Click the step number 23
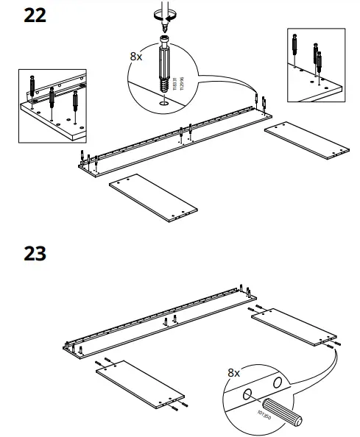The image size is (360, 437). click(35, 254)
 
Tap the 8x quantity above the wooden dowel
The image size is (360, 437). click(233, 373)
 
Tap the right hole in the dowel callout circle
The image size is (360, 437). click(277, 383)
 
